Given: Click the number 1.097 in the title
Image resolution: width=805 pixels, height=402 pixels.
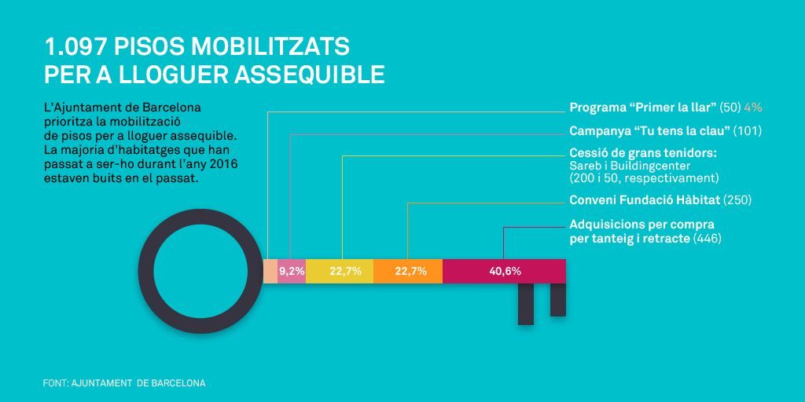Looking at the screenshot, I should (x=76, y=46).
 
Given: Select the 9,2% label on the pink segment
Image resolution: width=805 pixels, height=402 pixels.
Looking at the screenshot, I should (x=292, y=272).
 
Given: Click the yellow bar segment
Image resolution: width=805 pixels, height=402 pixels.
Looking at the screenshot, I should (x=340, y=271).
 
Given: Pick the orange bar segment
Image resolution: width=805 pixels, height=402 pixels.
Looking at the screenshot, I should (x=408, y=271).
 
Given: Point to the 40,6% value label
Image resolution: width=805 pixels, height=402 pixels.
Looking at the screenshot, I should (x=505, y=272).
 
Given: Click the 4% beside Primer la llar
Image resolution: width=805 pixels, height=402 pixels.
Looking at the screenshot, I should (x=754, y=107).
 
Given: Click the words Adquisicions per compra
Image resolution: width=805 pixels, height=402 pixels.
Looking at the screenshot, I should (x=630, y=225).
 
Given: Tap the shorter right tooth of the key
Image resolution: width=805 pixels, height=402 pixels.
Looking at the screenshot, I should (x=558, y=299).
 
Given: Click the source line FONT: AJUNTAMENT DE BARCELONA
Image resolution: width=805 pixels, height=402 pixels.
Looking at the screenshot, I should (x=124, y=383).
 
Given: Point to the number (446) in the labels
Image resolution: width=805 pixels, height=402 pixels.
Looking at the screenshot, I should (x=708, y=238).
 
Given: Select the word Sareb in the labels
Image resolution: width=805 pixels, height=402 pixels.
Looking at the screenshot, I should (x=583, y=166).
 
